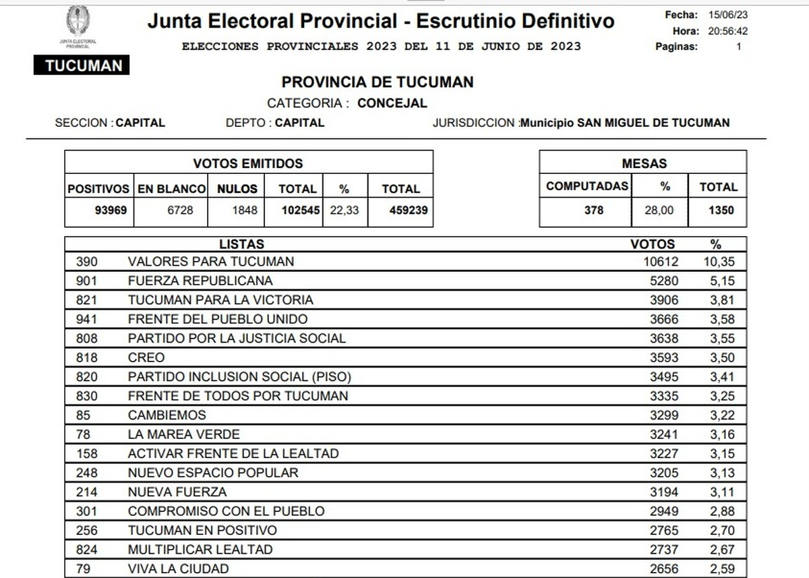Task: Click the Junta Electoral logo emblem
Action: click(x=78, y=22)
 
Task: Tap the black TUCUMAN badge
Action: click(x=81, y=65)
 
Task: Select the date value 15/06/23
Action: click(x=728, y=15)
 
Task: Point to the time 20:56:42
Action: click(x=727, y=31)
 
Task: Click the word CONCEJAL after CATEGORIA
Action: click(x=392, y=103)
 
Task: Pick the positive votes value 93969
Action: click(x=111, y=210)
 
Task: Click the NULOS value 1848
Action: click(x=244, y=210)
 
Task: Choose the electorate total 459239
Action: click(x=408, y=210)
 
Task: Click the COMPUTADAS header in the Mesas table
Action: click(x=587, y=187)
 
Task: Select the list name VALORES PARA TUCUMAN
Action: click(x=211, y=262)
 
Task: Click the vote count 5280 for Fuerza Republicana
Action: click(x=663, y=281)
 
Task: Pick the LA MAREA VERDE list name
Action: click(x=183, y=434)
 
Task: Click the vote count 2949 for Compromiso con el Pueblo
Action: click(x=663, y=511)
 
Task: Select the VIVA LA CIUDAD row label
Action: click(x=178, y=569)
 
